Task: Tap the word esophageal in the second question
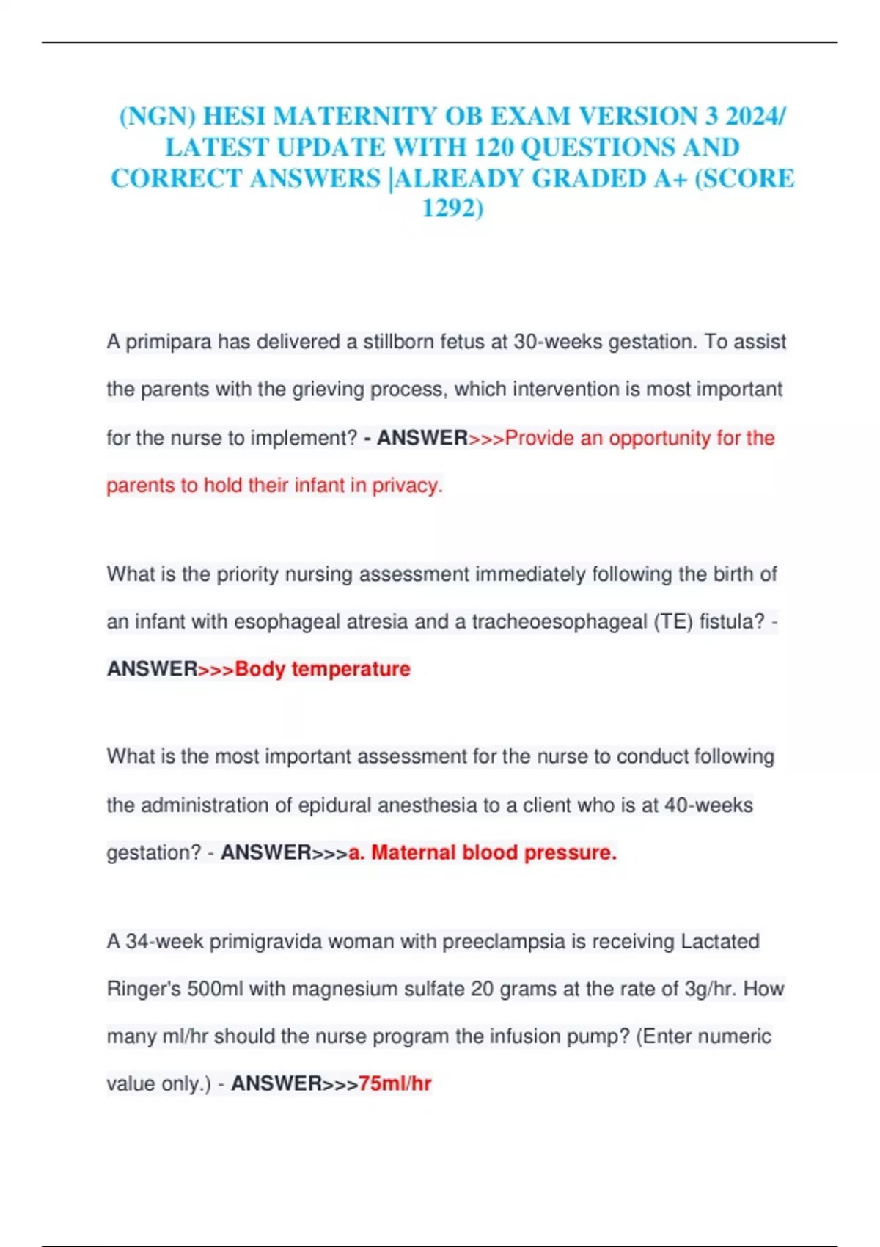[x=285, y=622]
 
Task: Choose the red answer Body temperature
[x=322, y=669]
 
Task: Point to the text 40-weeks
[x=708, y=805]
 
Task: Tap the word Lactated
[x=719, y=941]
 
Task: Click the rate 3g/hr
[x=710, y=989]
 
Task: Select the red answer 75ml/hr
[x=395, y=1083]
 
